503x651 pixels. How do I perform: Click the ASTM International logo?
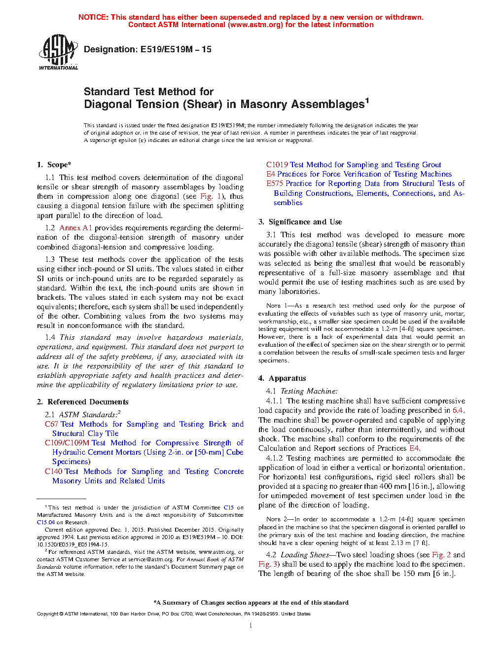[x=58, y=52]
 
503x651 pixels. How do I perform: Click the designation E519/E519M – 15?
[x=147, y=49]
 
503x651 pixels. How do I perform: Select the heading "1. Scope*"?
[x=54, y=165]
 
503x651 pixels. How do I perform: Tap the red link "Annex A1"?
[x=75, y=228]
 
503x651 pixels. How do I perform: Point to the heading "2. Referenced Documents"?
[x=82, y=402]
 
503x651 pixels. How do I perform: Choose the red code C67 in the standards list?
[x=51, y=424]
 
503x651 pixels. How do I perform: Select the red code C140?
[x=53, y=471]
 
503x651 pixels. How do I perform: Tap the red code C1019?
[x=277, y=165]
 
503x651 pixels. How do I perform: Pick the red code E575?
[x=275, y=183]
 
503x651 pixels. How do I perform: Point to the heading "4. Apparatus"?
[x=282, y=378]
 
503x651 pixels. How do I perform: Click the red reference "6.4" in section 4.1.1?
[x=458, y=410]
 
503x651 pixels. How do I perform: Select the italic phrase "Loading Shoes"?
[x=304, y=555]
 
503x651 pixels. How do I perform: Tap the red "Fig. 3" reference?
[x=264, y=564]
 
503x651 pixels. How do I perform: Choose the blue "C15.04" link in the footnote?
[x=46, y=522]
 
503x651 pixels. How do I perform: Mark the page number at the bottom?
[x=251, y=626]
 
